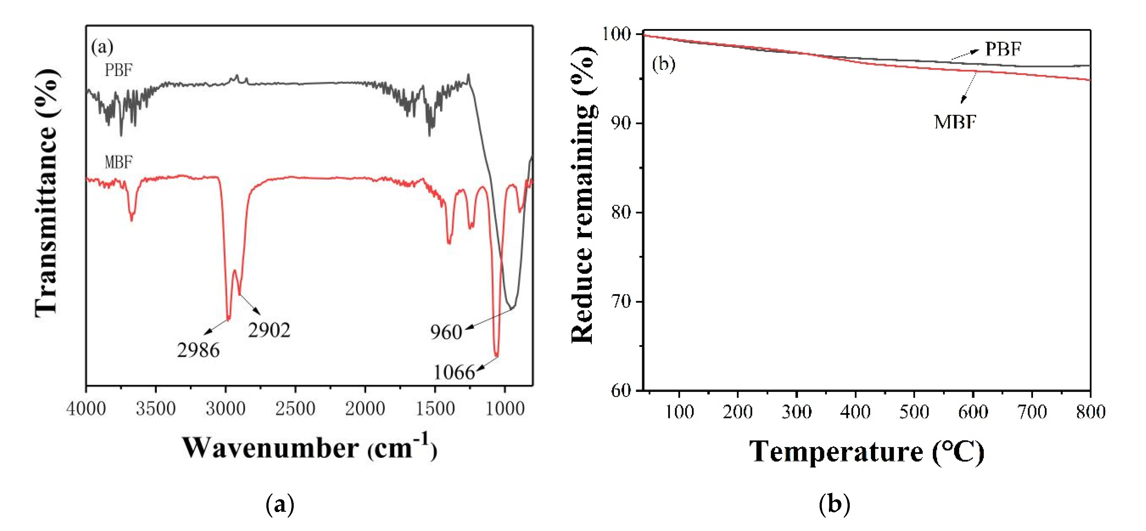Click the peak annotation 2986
[198, 351]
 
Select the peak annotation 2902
[269, 330]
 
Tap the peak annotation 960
[446, 332]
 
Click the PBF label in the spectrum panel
[118, 70]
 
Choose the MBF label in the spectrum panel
[118, 162]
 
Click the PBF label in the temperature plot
[1003, 49]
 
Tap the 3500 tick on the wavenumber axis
[156, 408]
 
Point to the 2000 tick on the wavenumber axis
[365, 408]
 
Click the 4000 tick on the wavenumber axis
[86, 408]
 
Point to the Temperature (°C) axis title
[866, 451]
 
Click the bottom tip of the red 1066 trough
[497, 356]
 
